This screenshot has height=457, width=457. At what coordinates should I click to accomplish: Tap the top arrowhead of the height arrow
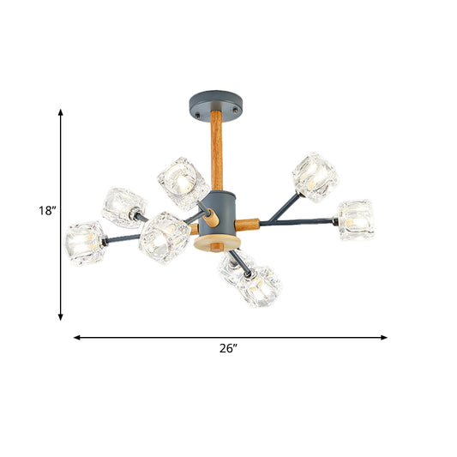(x=61, y=111)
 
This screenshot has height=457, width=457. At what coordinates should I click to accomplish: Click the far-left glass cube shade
(x=87, y=243)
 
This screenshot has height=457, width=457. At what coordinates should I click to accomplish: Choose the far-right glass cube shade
(x=356, y=219)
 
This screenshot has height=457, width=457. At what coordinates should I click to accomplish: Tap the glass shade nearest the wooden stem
(x=183, y=183)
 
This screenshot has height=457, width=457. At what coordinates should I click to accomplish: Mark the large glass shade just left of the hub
(x=165, y=238)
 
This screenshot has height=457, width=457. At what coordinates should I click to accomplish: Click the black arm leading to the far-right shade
(x=300, y=222)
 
